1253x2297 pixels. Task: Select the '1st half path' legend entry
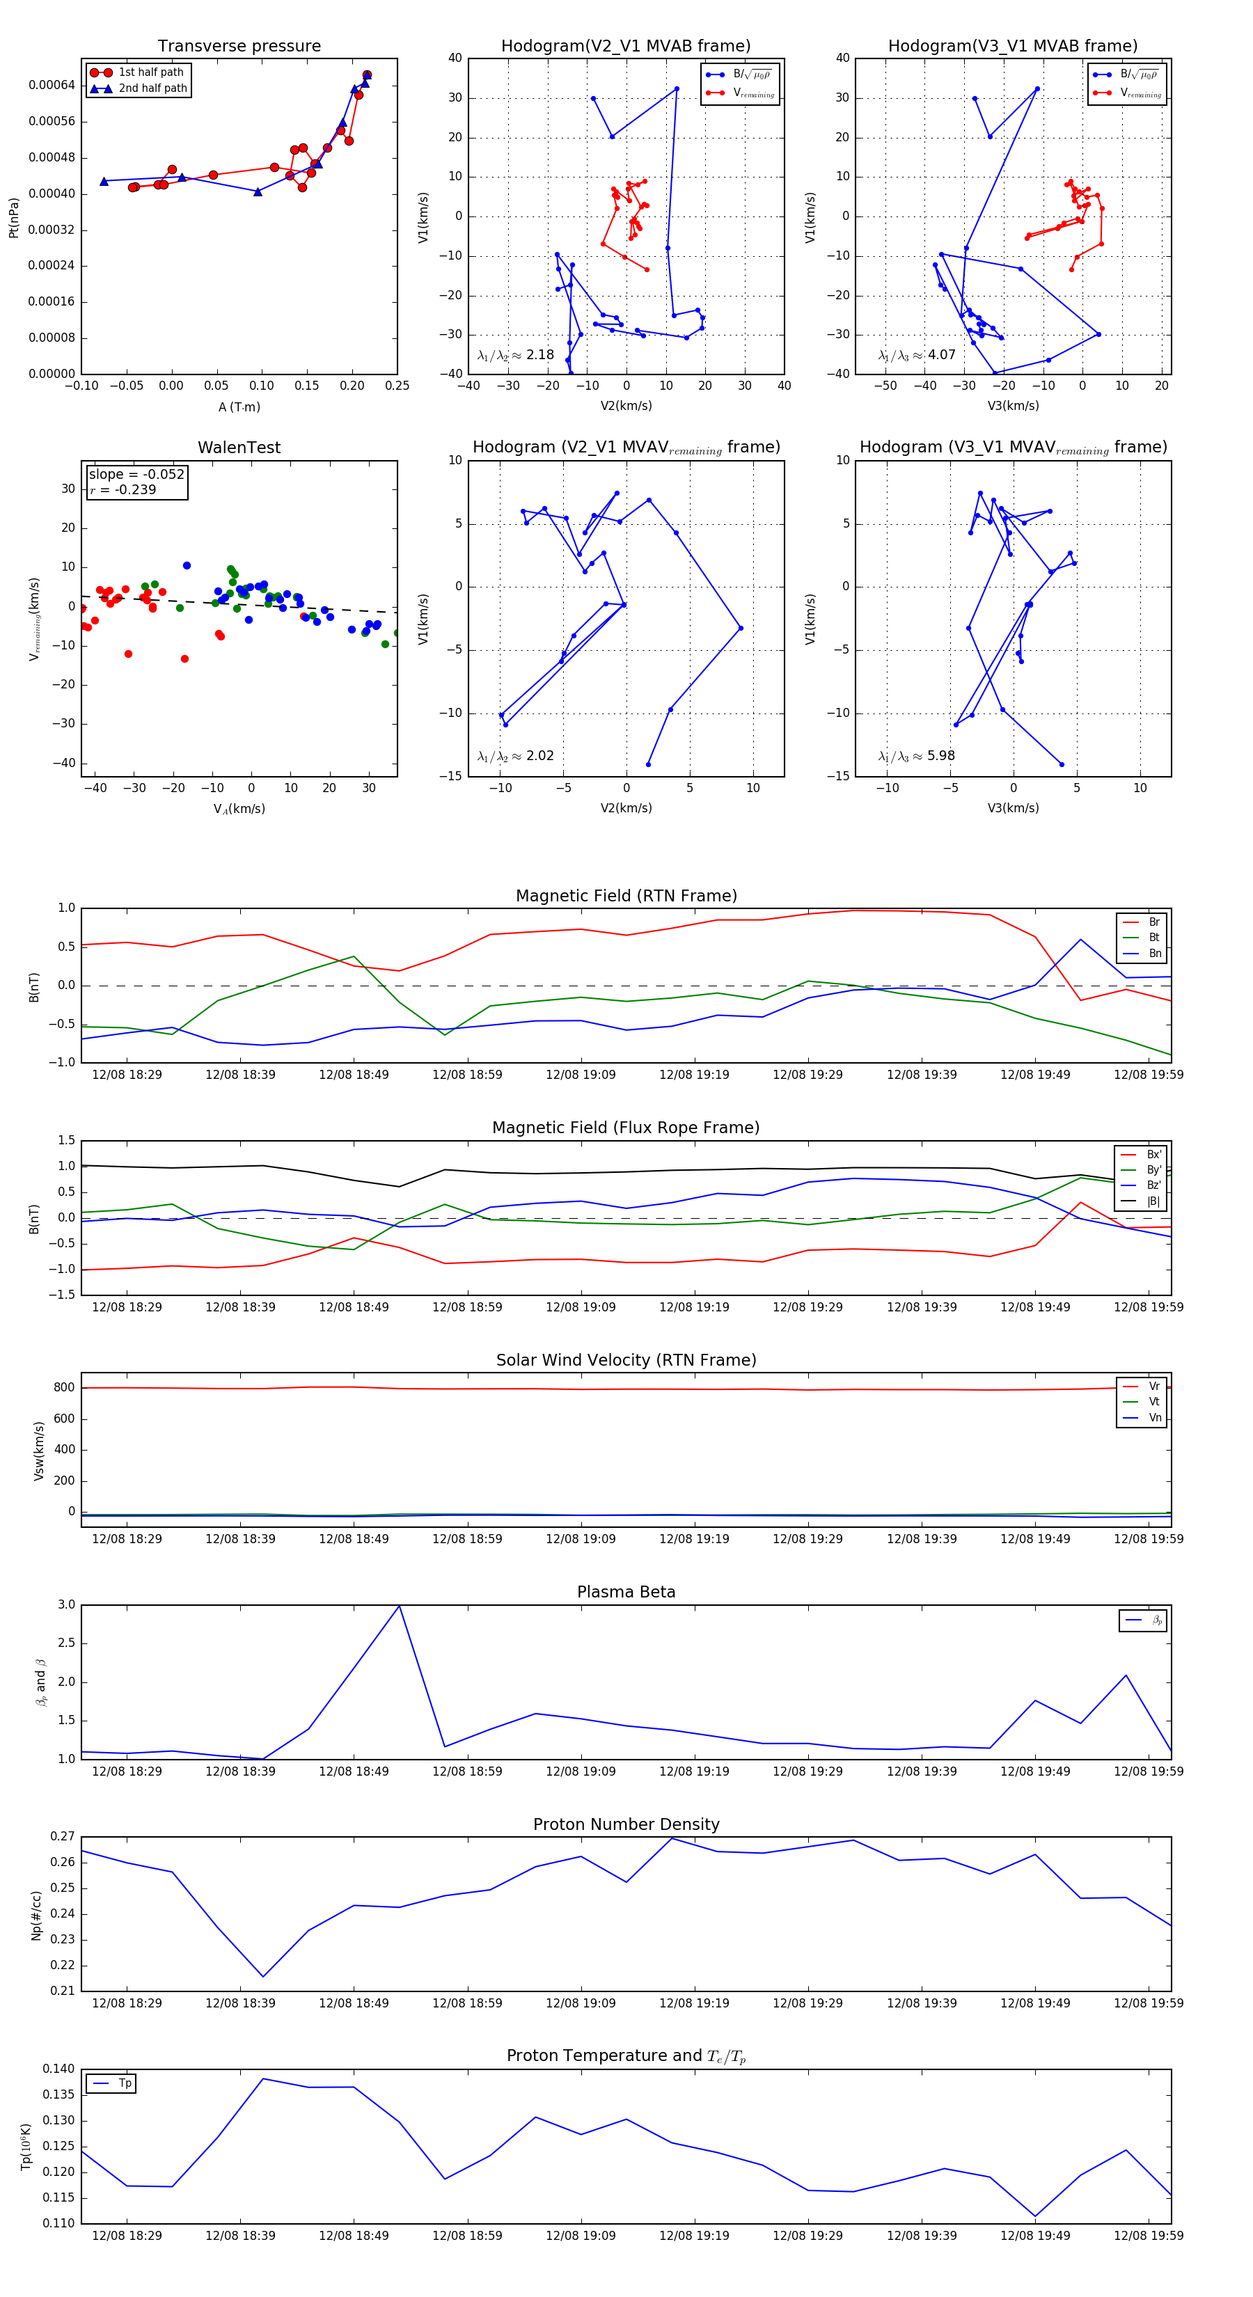[x=151, y=72]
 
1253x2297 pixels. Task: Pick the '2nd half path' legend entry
[x=152, y=88]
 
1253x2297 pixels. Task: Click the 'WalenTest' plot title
[x=239, y=448]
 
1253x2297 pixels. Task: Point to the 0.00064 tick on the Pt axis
[x=52, y=86]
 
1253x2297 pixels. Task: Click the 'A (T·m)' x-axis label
[x=239, y=407]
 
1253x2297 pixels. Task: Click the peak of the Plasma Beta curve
[x=399, y=1606]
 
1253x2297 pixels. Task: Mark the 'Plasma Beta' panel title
[x=626, y=1592]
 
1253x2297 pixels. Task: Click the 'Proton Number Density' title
[x=626, y=1824]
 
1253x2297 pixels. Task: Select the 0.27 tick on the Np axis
[x=63, y=1837]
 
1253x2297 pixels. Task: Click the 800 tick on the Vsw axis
[x=64, y=1387]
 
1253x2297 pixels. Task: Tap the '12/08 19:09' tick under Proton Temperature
[x=581, y=2236]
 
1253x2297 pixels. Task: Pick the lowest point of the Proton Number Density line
[x=263, y=1977]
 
